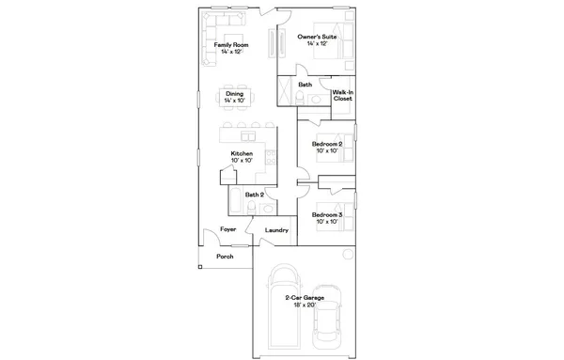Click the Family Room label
[x=230, y=44]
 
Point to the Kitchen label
[x=242, y=153]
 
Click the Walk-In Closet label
[x=342, y=95]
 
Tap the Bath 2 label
[x=253, y=195]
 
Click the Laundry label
[x=276, y=229]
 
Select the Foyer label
[x=227, y=228]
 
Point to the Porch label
[x=225, y=256]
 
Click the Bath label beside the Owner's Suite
[x=305, y=85]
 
